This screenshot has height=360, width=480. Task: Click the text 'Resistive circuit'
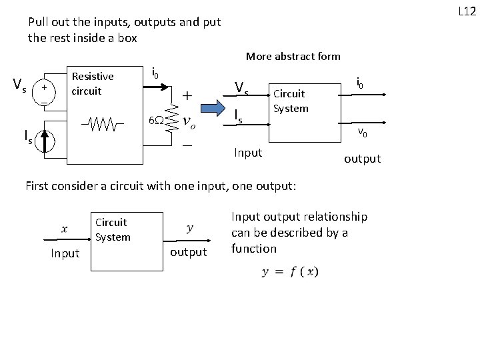tap(92, 83)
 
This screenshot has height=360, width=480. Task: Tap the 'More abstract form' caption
tap(293, 57)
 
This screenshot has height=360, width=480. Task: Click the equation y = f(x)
tap(291, 272)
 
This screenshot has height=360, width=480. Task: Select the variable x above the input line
tap(64, 229)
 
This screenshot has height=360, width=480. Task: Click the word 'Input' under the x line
tap(65, 253)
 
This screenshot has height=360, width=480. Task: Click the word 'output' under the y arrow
tap(189, 252)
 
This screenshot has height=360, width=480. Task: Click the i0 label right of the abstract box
tap(360, 83)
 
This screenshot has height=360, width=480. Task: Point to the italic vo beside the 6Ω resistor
tap(189, 122)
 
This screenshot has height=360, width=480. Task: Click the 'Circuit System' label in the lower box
tap(112, 229)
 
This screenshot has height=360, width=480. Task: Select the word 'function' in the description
tap(253, 249)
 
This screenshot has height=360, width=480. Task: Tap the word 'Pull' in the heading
tap(39, 21)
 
